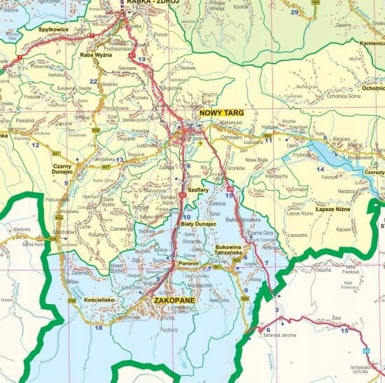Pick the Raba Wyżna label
click(95, 55)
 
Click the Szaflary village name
click(199, 189)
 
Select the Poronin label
click(189, 263)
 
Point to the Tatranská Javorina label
click(281, 336)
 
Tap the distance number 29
click(294, 13)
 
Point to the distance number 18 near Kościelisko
click(99, 327)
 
